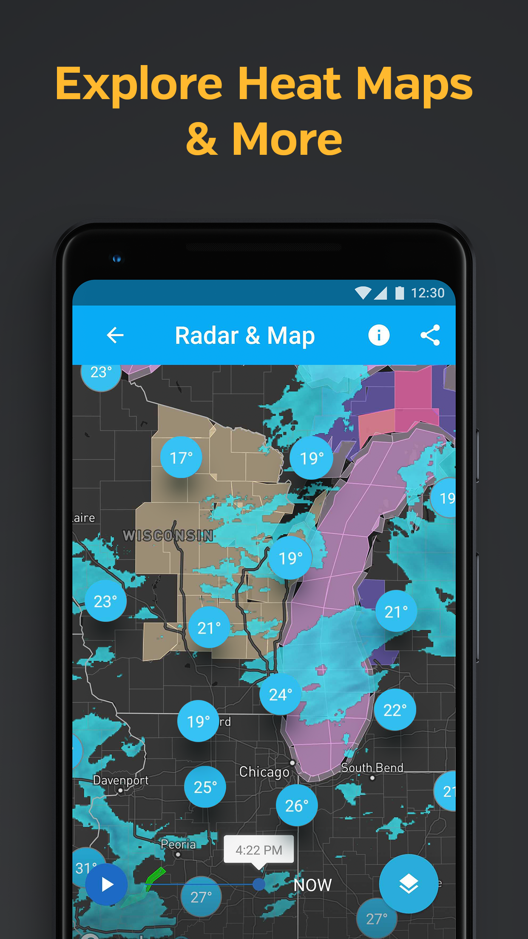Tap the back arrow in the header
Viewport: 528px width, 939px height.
(x=115, y=335)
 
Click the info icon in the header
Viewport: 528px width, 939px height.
(x=378, y=335)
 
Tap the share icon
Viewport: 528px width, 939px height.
(x=430, y=335)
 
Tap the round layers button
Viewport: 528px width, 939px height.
(x=408, y=884)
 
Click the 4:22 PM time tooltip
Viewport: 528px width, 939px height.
(x=259, y=850)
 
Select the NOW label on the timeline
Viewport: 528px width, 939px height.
(x=312, y=885)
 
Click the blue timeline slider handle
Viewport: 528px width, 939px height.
(x=259, y=885)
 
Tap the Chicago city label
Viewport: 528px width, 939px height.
(x=264, y=772)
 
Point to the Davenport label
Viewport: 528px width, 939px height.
(x=121, y=780)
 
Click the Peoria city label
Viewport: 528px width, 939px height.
(x=178, y=844)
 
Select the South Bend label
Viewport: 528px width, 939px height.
(x=372, y=768)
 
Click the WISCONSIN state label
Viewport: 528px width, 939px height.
(x=168, y=535)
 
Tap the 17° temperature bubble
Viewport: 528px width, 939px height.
(x=181, y=458)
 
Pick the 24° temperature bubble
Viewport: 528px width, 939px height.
(x=281, y=694)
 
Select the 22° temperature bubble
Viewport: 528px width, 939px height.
(x=395, y=710)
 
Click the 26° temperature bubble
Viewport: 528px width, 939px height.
(x=297, y=805)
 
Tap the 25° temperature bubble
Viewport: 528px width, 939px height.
(x=205, y=787)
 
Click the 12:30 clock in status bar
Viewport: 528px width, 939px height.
(x=427, y=293)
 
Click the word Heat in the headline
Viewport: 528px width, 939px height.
(x=289, y=84)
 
